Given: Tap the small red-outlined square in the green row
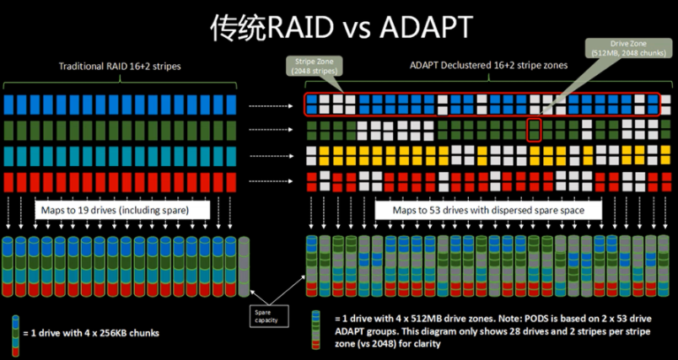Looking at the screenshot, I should click(533, 130).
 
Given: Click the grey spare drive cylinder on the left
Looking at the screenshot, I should click(244, 266).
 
